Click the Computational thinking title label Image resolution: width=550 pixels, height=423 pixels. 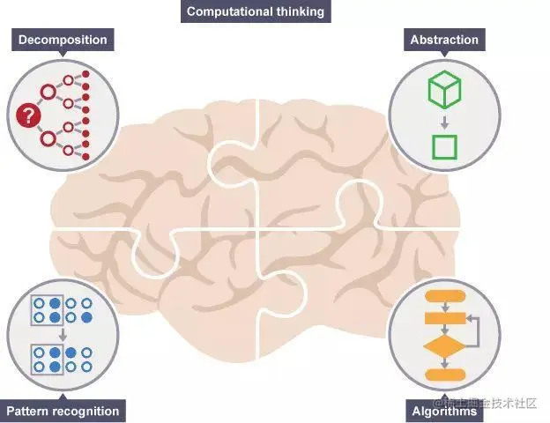pyautogui.click(x=254, y=11)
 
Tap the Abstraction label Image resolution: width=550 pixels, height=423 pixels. pyautogui.click(x=444, y=40)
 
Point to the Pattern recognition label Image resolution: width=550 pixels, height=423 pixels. pyautogui.click(x=62, y=411)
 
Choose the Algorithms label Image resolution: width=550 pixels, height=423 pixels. pyautogui.click(x=444, y=412)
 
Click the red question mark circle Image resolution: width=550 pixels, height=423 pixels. pyautogui.click(x=27, y=114)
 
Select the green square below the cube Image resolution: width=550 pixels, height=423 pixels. pyautogui.click(x=444, y=146)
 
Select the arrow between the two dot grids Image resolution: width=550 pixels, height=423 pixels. pyautogui.click(x=61, y=334)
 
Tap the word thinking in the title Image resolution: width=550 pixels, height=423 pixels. pyautogui.click(x=299, y=11)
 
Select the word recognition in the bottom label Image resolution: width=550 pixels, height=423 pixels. pyautogui.click(x=85, y=411)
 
